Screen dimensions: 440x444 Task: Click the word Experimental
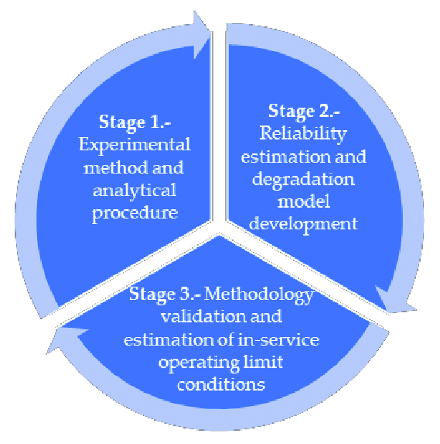tap(135, 146)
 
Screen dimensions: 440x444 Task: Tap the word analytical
tap(135, 191)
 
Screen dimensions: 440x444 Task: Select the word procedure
tap(135, 214)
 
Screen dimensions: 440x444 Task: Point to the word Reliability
tap(303, 133)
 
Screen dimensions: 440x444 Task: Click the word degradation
tap(303, 180)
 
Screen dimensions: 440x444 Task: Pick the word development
tap(303, 225)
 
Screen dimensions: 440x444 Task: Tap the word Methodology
tap(259, 294)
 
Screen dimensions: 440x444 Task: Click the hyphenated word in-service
tap(278, 339)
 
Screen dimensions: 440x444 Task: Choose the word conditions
tap(221, 385)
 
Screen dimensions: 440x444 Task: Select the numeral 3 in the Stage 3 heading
tap(185, 294)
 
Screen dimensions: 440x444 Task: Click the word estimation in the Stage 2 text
tap(285, 157)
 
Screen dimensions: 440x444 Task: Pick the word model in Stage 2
tap(304, 202)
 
